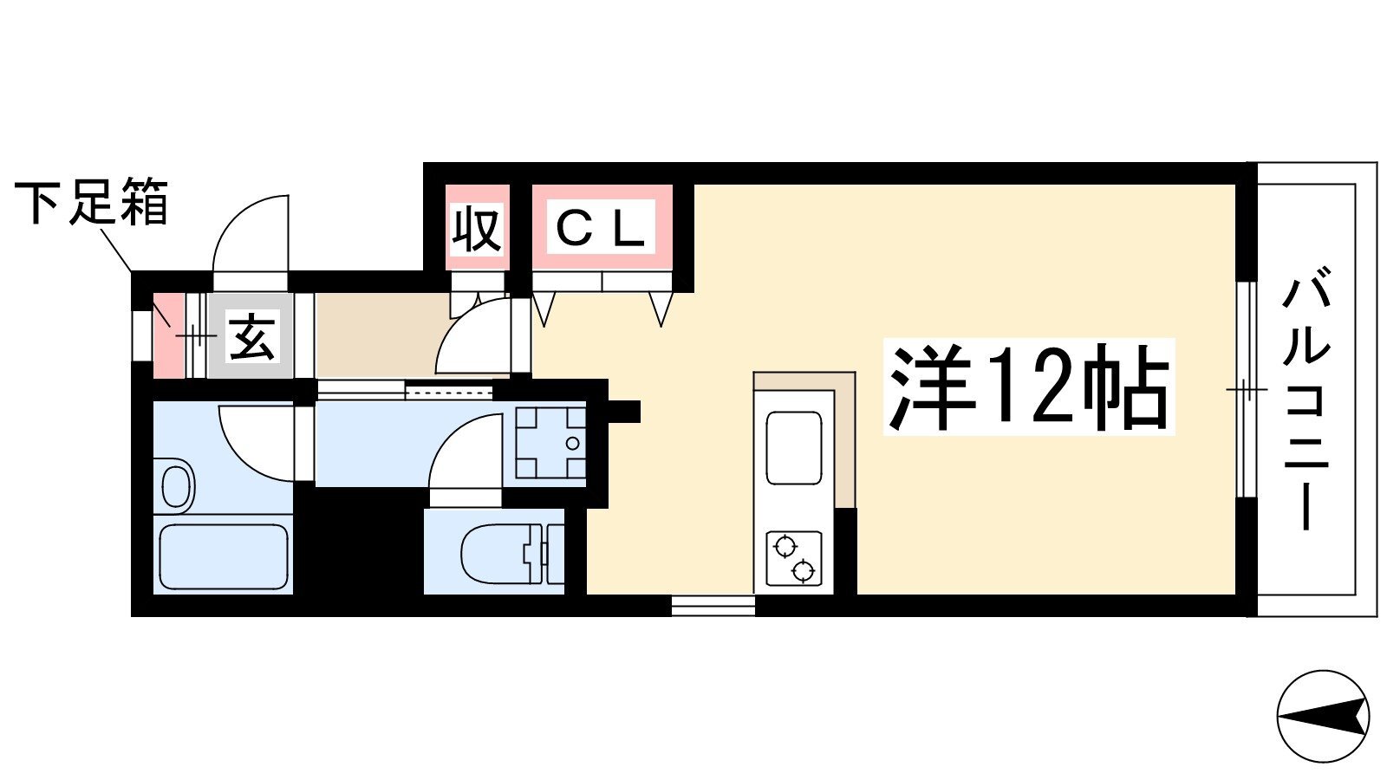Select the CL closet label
[x=602, y=228]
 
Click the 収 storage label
[x=477, y=229]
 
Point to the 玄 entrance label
[x=251, y=335]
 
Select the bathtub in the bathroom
[x=224, y=556]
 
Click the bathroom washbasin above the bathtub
[x=177, y=485]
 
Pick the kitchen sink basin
[x=793, y=447]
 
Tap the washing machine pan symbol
[x=550, y=443]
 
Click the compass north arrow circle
[x=1323, y=717]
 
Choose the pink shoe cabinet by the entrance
[x=168, y=336]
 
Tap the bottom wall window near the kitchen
[x=713, y=606]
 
